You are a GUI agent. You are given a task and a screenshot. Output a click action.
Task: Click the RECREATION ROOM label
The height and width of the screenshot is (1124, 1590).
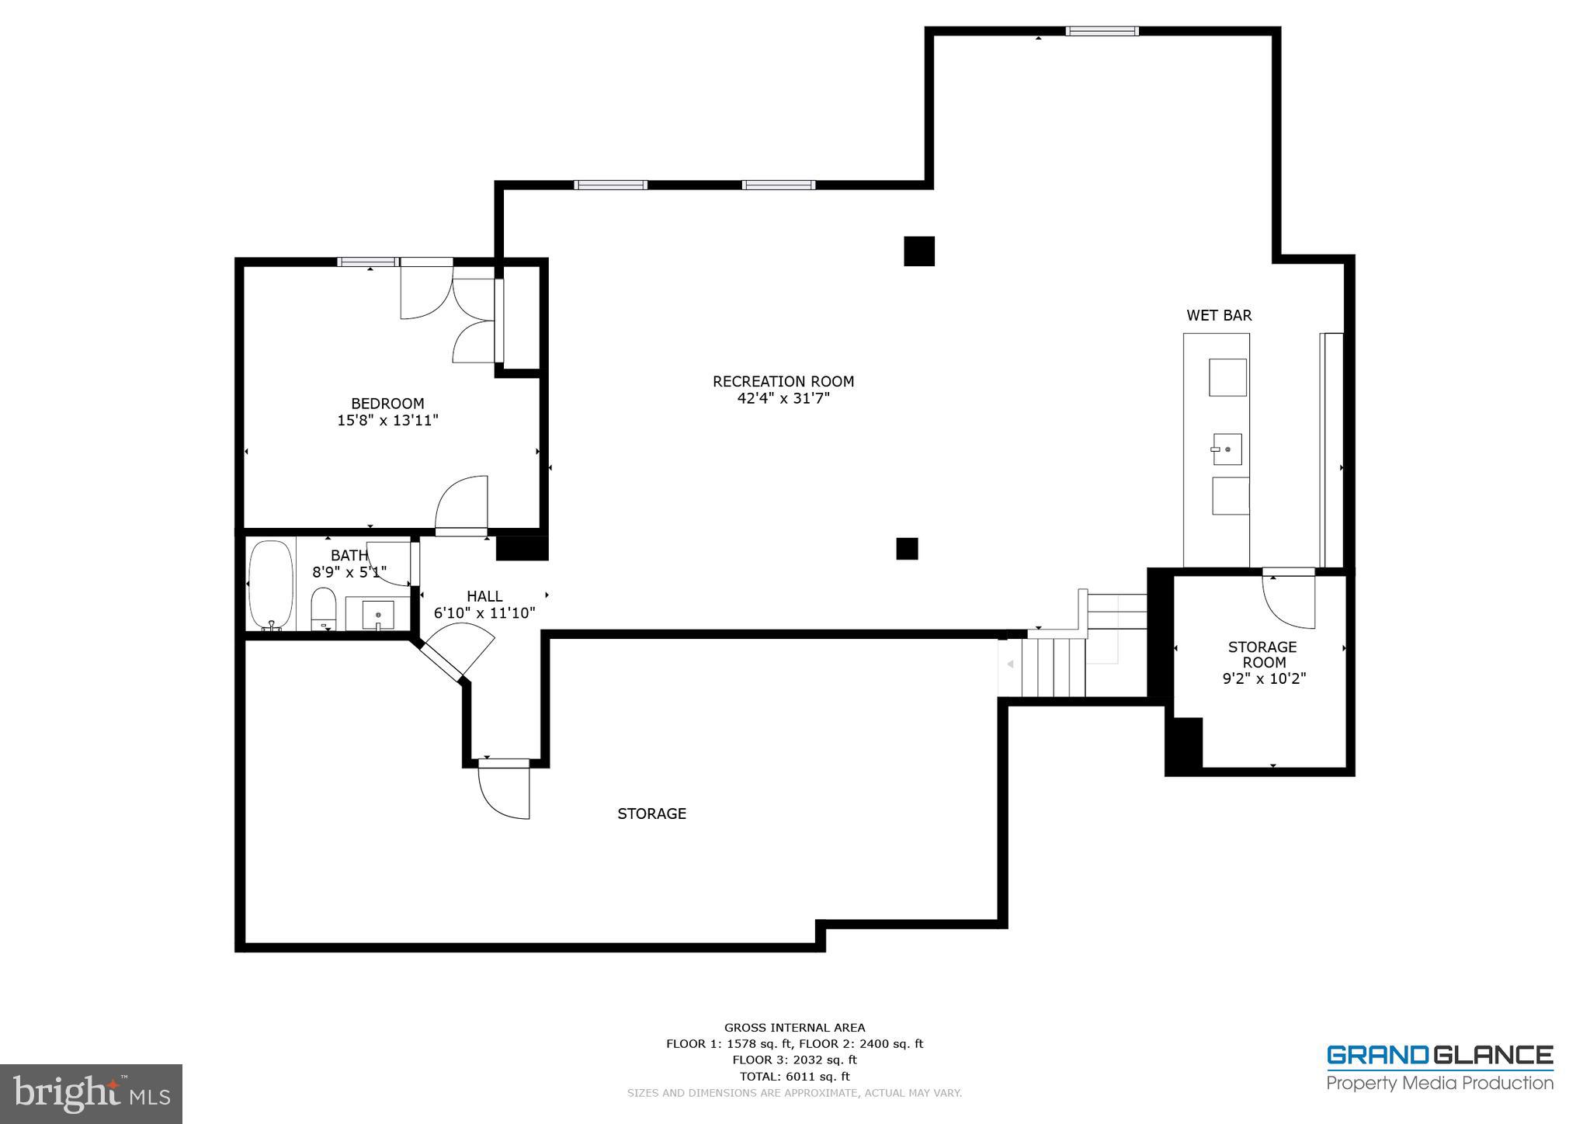click(x=783, y=381)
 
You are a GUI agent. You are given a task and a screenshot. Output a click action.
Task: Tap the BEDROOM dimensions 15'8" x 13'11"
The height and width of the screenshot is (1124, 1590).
click(x=387, y=421)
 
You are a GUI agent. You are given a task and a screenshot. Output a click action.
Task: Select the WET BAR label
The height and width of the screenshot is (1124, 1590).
click(x=1218, y=315)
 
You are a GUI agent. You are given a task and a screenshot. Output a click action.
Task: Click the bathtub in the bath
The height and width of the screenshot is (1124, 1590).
click(x=270, y=584)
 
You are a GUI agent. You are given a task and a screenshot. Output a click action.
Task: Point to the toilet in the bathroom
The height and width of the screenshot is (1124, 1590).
click(x=323, y=608)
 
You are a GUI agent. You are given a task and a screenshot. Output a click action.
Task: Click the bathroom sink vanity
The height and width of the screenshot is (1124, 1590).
click(x=378, y=613)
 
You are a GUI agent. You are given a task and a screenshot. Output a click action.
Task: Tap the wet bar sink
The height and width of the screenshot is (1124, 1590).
click(x=1227, y=449)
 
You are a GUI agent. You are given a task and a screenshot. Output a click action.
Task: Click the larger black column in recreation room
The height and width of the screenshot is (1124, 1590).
click(x=918, y=252)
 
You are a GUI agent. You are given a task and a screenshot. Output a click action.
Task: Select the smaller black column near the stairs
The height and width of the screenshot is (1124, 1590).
click(x=907, y=549)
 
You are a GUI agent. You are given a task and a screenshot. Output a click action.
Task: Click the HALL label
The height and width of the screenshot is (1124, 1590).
click(x=484, y=596)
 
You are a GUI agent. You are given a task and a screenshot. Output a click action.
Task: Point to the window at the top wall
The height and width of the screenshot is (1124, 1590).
click(x=1102, y=31)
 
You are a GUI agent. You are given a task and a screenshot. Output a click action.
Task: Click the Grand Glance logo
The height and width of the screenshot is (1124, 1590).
click(x=1439, y=1068)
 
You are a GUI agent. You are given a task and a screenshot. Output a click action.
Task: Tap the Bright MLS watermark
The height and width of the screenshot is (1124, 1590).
click(x=91, y=1094)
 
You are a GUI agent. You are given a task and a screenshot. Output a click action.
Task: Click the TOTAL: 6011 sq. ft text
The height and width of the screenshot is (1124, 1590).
click(x=794, y=1077)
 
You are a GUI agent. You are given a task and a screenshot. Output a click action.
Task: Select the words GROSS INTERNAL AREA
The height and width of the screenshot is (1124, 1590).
click(x=794, y=1028)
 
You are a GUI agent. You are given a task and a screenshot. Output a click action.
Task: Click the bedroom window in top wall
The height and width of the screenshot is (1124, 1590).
click(x=368, y=262)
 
